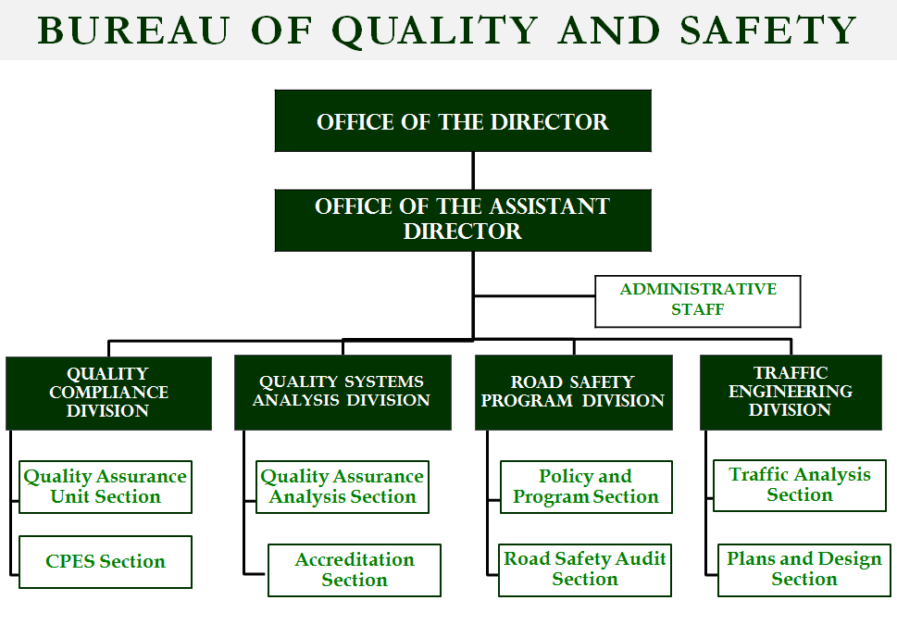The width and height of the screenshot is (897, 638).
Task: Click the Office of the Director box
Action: (463, 120)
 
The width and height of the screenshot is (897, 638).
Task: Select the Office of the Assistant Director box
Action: (463, 220)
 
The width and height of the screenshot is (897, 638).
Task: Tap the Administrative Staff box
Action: (697, 302)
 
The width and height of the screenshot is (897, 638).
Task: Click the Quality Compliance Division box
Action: (108, 394)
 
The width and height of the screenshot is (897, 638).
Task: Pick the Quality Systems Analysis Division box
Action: (343, 393)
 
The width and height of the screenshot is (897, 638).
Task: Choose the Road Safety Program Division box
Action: (574, 393)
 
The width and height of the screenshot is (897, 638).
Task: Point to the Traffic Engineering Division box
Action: (791, 393)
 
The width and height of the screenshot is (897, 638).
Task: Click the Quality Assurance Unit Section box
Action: (106, 487)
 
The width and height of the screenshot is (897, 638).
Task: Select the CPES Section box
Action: (106, 562)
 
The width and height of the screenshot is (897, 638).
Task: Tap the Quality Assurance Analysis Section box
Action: (343, 487)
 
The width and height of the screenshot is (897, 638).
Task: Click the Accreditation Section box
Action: (355, 569)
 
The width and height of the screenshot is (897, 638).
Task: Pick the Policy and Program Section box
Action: (586, 487)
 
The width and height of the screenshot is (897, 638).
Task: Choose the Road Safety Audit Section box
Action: (585, 569)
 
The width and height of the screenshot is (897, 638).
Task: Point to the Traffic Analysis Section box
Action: (799, 485)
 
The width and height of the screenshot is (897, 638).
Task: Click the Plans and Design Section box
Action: (804, 569)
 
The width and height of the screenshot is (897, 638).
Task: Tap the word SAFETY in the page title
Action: (768, 31)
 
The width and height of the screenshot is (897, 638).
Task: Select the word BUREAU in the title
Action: (134, 31)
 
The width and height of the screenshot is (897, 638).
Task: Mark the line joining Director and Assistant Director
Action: (473, 170)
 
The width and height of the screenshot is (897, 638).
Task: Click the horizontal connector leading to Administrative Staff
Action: (535, 295)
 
